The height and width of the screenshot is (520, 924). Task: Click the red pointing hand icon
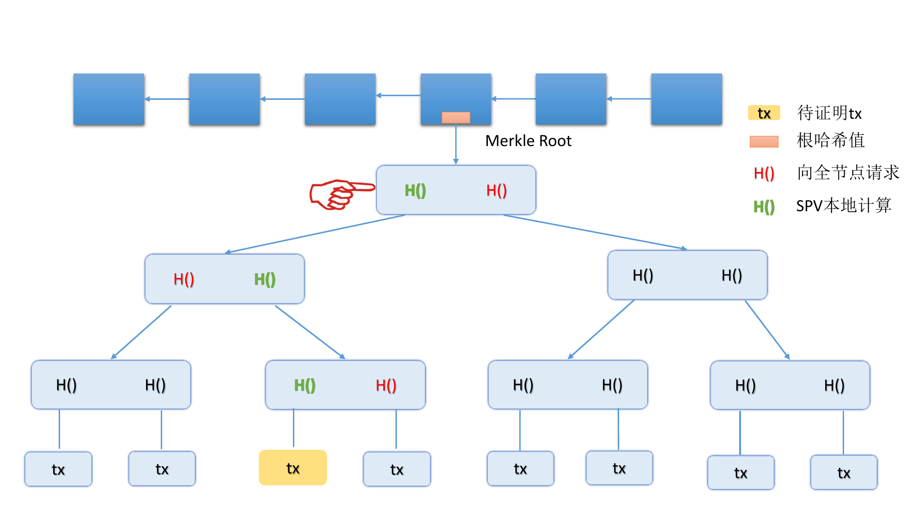[x=341, y=194]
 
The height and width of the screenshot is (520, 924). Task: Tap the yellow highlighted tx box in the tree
[x=293, y=468]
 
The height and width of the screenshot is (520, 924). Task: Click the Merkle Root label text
[x=528, y=141]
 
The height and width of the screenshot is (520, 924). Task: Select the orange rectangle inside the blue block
[x=456, y=117]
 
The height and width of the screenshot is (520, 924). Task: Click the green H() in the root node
[x=415, y=190]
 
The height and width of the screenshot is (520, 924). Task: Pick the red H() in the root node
[x=497, y=190]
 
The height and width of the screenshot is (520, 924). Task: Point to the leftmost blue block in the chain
[x=109, y=99]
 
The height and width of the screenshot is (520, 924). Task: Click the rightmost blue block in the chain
[x=686, y=99]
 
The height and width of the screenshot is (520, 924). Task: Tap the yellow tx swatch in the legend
[x=764, y=113]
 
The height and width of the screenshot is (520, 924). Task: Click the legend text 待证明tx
[x=829, y=113]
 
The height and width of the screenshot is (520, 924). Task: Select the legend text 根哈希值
[x=831, y=141]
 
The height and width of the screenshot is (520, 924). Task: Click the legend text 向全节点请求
[x=848, y=172]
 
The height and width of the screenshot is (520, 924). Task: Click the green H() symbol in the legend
[x=764, y=207]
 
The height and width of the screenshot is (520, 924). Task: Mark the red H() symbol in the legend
[x=764, y=173]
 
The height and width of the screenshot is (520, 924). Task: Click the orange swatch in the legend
[x=764, y=141]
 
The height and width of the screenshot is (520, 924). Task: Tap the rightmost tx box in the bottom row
[x=844, y=472]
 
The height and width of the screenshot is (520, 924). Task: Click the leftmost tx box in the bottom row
[x=58, y=469]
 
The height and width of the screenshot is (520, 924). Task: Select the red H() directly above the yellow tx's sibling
[x=386, y=385]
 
